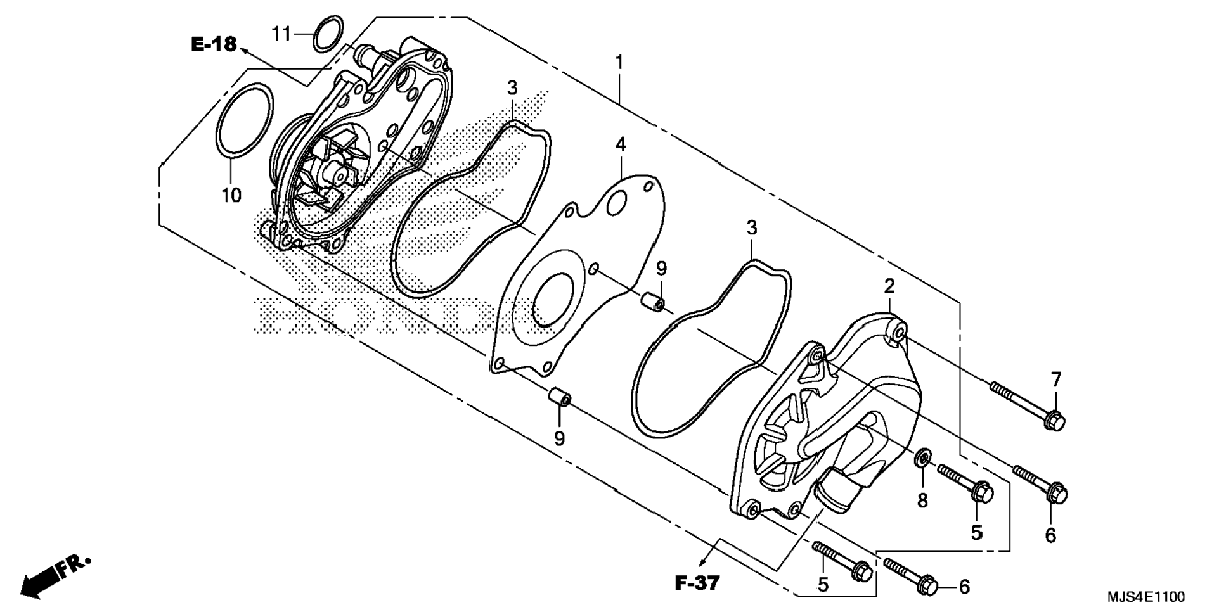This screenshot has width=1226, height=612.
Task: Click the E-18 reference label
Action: (x=214, y=44)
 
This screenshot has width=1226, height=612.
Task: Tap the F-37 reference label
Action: (x=697, y=583)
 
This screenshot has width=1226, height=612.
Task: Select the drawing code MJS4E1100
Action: (x=1145, y=597)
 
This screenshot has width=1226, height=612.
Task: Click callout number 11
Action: (x=281, y=33)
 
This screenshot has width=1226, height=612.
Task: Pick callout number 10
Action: (x=231, y=195)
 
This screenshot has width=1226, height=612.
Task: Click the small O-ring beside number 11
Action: (x=328, y=34)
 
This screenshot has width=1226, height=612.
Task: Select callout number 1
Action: (x=619, y=63)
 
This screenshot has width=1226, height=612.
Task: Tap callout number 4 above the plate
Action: (x=621, y=145)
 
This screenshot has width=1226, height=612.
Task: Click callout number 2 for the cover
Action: (x=889, y=286)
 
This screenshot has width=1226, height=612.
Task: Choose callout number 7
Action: (x=1055, y=380)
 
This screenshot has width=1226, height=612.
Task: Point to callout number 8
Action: (x=922, y=500)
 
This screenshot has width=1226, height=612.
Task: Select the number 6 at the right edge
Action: (x=1050, y=535)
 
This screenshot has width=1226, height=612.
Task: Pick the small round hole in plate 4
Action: (x=616, y=204)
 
